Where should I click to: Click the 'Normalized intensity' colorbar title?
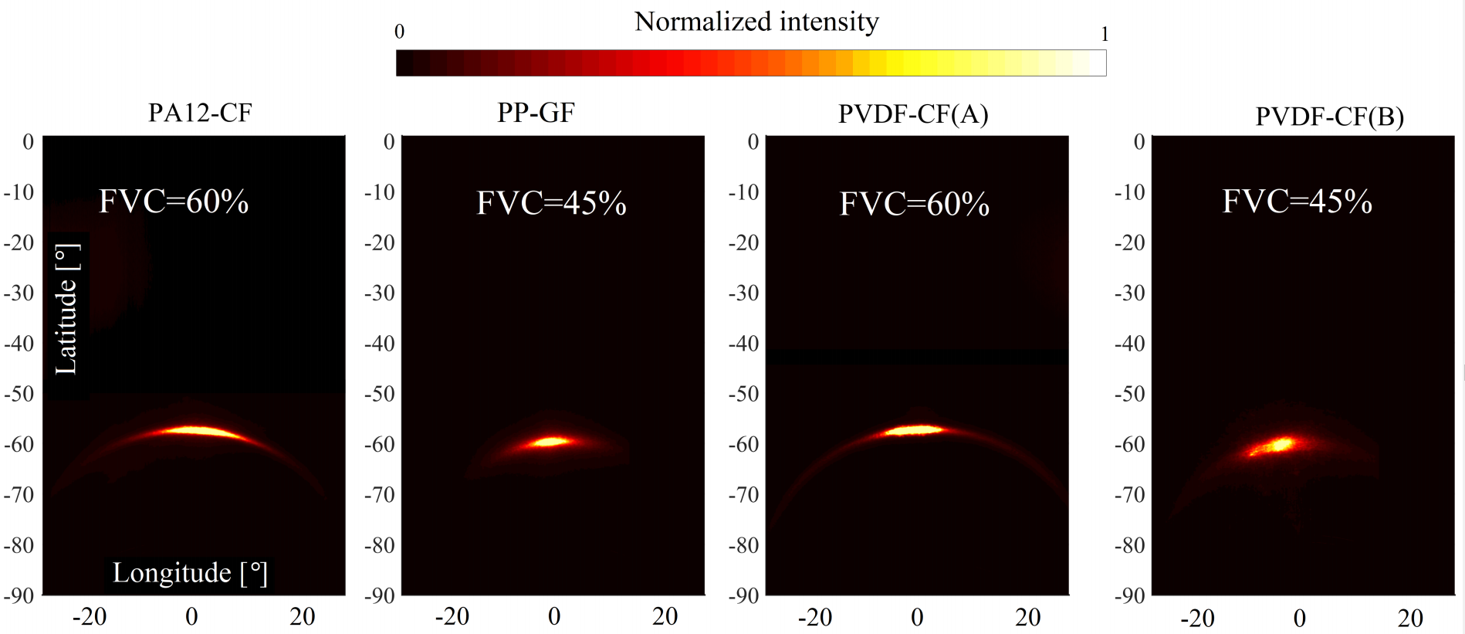(x=756, y=22)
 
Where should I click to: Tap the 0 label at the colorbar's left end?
(x=399, y=32)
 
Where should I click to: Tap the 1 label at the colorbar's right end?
(x=1105, y=34)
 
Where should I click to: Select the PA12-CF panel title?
(x=200, y=114)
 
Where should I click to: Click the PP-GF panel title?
(x=536, y=113)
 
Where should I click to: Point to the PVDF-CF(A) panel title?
(x=913, y=114)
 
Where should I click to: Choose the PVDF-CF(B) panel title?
(x=1329, y=117)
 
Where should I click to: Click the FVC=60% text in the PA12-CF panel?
(x=174, y=202)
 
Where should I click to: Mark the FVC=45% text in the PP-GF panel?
(x=551, y=203)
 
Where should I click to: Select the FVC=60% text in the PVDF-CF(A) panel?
(x=914, y=204)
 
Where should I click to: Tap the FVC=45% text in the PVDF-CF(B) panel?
(x=1297, y=202)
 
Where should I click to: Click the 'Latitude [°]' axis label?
(x=66, y=310)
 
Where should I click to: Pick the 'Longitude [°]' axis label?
(x=190, y=573)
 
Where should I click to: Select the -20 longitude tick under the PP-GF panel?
(x=452, y=616)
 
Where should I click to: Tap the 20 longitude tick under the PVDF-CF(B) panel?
(x=1409, y=618)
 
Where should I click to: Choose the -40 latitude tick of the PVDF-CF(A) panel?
(x=743, y=343)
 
